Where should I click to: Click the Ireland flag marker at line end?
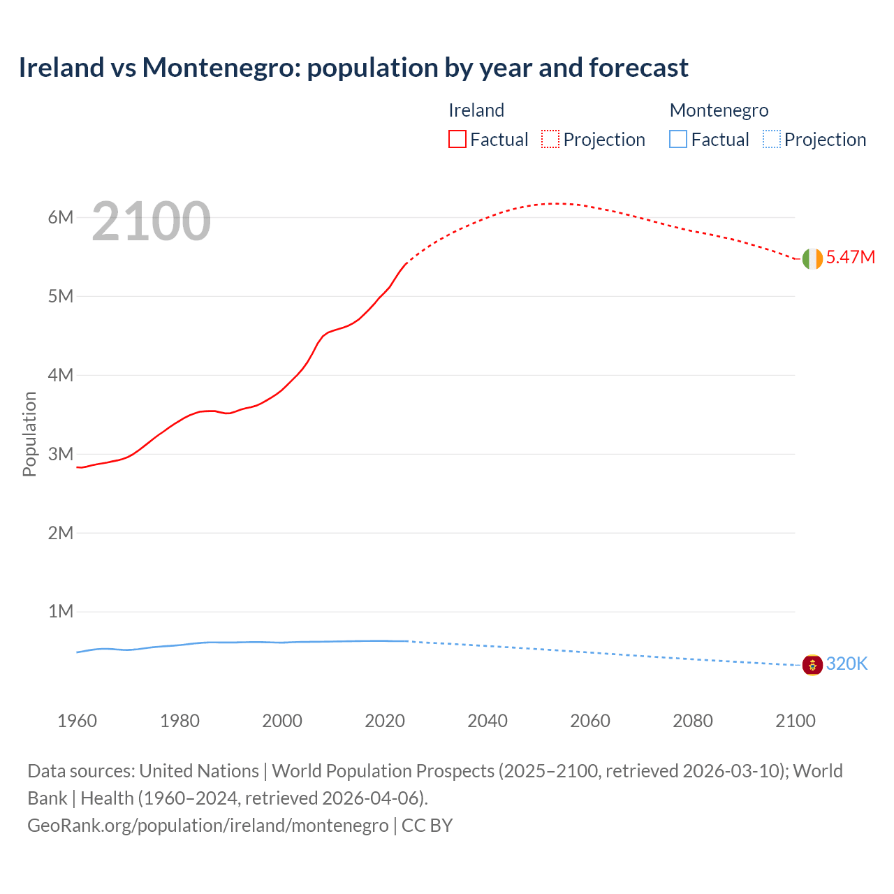click(812, 258)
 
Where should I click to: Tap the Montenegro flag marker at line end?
click(812, 665)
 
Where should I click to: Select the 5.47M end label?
click(850, 258)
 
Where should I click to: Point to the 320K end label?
click(847, 664)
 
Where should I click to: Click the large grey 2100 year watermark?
click(151, 221)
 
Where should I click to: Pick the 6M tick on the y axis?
click(61, 217)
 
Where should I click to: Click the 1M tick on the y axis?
click(61, 612)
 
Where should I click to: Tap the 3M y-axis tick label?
click(61, 454)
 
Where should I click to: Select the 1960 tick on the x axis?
click(77, 721)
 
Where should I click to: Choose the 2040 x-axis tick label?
click(488, 721)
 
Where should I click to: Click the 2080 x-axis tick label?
click(693, 721)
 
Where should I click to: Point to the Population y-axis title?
click(29, 434)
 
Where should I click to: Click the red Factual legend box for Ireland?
click(457, 140)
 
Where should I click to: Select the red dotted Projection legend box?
click(550, 140)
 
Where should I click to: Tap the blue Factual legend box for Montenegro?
click(678, 140)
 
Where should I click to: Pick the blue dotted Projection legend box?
click(772, 140)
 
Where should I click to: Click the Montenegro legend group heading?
click(719, 110)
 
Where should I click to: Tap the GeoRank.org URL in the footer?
click(207, 826)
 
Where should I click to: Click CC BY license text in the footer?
click(427, 826)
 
